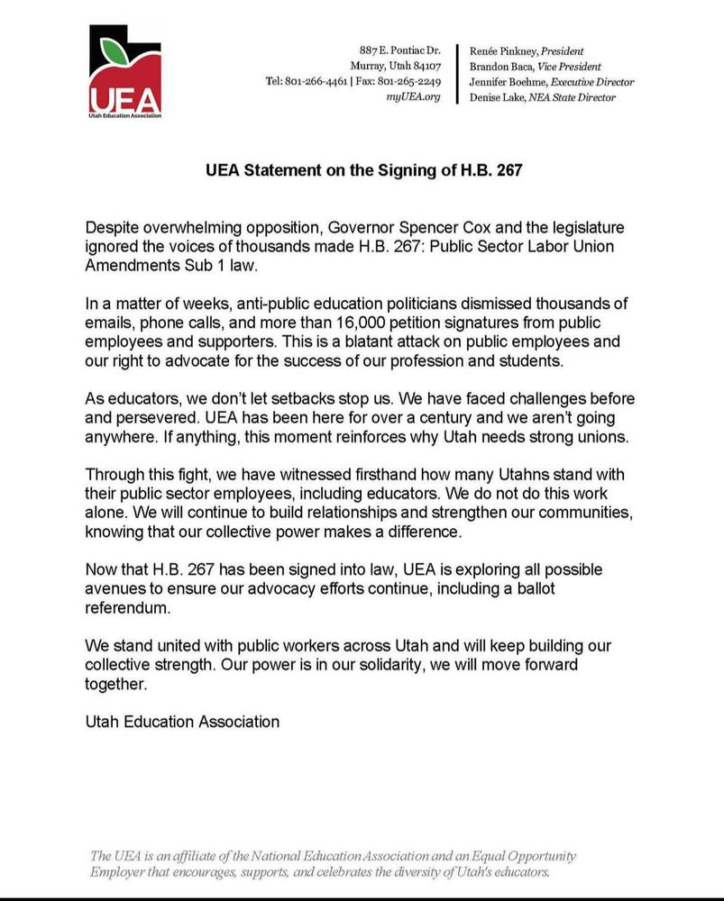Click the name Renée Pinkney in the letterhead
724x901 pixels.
(x=499, y=51)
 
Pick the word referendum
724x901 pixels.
(x=127, y=608)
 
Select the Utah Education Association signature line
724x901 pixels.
(x=182, y=722)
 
